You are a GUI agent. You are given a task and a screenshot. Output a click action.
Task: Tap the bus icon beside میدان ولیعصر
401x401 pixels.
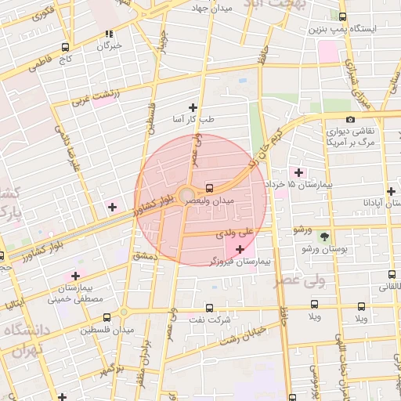point(209,188)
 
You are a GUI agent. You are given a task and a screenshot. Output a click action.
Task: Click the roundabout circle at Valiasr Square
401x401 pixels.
point(186,195)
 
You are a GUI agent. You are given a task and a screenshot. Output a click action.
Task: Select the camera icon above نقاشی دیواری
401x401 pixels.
point(349,120)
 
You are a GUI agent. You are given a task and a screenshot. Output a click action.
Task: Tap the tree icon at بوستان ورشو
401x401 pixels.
point(324,236)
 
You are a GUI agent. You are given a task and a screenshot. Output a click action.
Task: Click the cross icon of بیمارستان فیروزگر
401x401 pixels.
point(240,249)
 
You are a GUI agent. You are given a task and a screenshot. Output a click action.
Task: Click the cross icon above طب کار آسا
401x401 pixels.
point(193,107)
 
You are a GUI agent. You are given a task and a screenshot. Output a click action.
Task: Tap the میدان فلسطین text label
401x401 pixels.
point(107,330)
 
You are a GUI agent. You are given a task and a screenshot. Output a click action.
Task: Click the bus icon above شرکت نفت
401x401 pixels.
point(209,308)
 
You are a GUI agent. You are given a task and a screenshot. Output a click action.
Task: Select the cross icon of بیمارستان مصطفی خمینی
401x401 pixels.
point(75,275)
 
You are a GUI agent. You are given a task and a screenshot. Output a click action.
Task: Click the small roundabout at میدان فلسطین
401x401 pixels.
point(124,312)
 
